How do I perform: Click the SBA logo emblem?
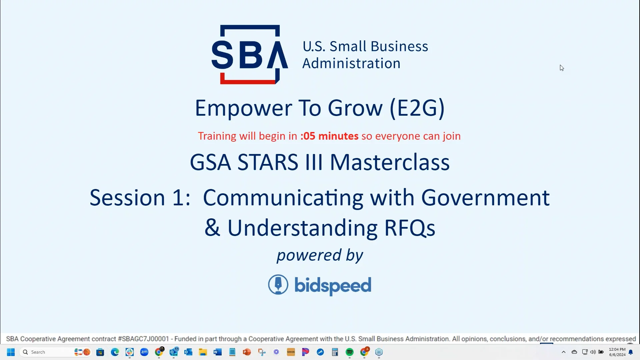pos(249,54)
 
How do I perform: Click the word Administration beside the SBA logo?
pos(351,63)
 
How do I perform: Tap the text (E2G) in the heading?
pos(417,108)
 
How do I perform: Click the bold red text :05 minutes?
pos(329,136)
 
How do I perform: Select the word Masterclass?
pos(389,162)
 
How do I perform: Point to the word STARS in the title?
pos(268,162)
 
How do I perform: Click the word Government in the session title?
pos(485,198)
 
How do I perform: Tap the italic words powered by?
pos(320,255)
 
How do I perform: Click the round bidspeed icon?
pos(278,285)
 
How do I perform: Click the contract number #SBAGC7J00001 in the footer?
pos(143,339)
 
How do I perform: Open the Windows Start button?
pos(11,352)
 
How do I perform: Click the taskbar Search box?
pos(47,352)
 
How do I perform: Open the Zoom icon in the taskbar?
pos(144,352)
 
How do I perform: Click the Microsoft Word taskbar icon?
pos(218,352)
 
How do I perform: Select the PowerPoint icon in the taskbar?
pos(247,352)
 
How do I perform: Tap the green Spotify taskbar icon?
pos(349,352)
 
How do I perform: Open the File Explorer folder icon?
pos(203,352)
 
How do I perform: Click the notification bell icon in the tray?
pos(631,352)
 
